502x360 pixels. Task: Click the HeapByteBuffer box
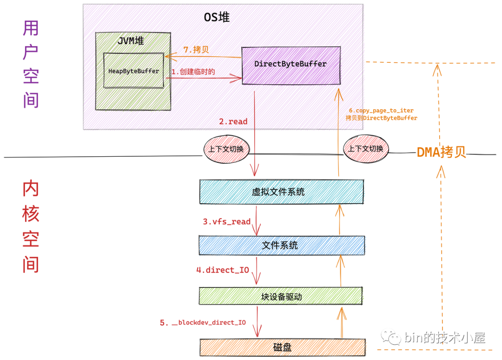pyautogui.click(x=133, y=71)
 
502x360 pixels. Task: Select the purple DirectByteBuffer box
pyautogui.click(x=291, y=64)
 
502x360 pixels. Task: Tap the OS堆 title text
pyautogui.click(x=217, y=18)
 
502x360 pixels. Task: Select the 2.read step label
pyautogui.click(x=233, y=121)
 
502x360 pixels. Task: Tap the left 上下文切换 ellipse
pyautogui.click(x=226, y=149)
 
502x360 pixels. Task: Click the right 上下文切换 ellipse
pyautogui.click(x=366, y=149)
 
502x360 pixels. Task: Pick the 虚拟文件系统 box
pyautogui.click(x=281, y=191)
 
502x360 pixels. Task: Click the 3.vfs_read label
pyautogui.click(x=226, y=222)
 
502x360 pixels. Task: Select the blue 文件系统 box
pyautogui.click(x=280, y=245)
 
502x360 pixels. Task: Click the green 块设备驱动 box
pyautogui.click(x=280, y=296)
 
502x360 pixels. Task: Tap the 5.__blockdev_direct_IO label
pyautogui.click(x=203, y=323)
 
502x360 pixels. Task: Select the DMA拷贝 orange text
pyautogui.click(x=441, y=152)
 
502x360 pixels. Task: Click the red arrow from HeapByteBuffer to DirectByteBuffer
pyautogui.click(x=205, y=79)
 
